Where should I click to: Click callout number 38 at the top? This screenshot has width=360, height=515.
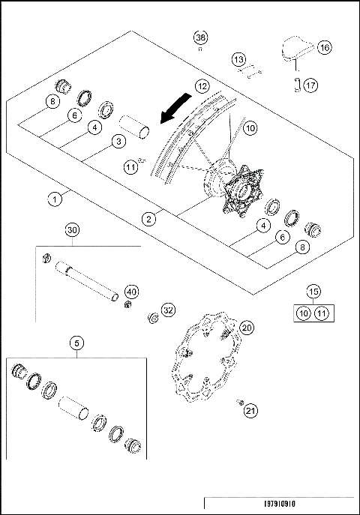[200, 38]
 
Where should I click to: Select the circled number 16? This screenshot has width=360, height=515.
[324, 47]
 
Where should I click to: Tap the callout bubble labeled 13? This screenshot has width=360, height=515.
[238, 58]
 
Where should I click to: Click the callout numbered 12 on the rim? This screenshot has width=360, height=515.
[202, 86]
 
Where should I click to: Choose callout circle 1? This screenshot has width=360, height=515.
[55, 200]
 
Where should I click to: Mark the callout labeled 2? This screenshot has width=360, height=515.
[151, 219]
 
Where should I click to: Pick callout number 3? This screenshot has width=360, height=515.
[118, 140]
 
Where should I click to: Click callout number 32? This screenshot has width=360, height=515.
[168, 308]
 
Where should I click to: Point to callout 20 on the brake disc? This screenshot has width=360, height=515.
[246, 327]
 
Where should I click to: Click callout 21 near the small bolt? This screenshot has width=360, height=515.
[251, 410]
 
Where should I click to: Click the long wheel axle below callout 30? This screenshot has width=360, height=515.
[82, 278]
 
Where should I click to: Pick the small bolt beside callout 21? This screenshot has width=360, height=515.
[241, 403]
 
